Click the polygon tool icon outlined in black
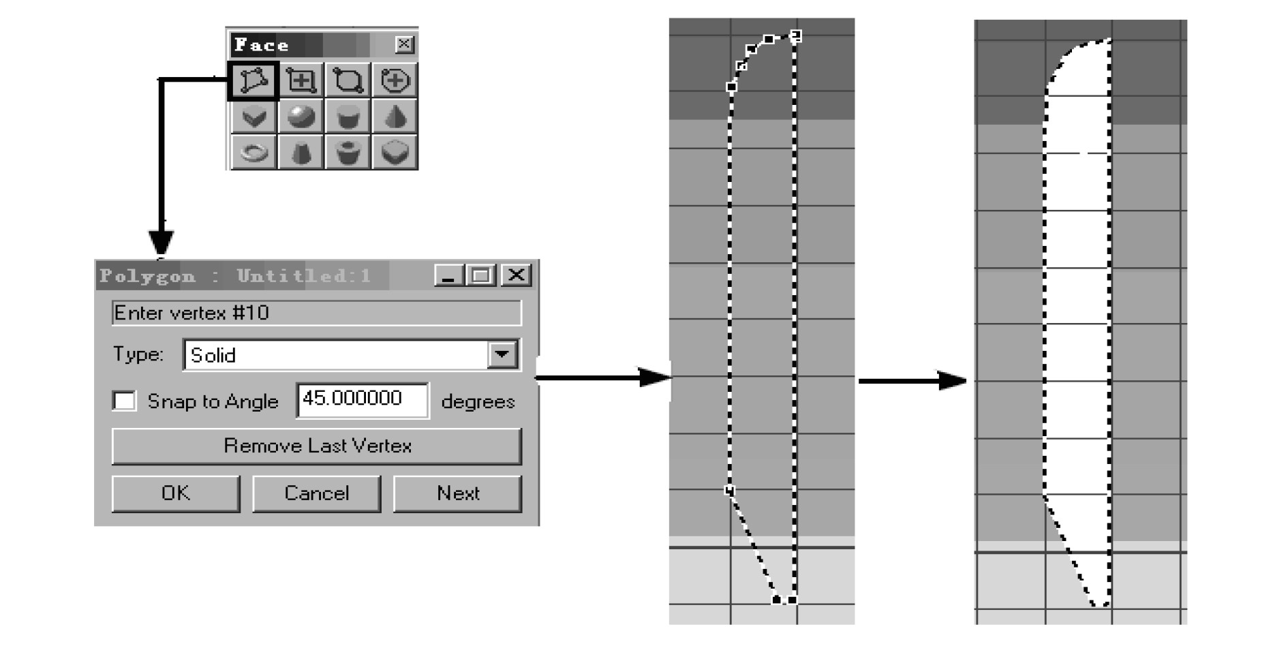click(x=253, y=80)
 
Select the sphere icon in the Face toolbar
click(x=301, y=117)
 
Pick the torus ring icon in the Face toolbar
click(x=254, y=152)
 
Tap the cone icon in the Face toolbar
click(x=395, y=117)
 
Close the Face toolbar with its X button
click(x=404, y=45)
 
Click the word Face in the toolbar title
click(x=261, y=46)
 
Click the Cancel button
click(x=316, y=493)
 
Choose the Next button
click(x=457, y=493)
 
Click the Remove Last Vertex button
click(x=317, y=446)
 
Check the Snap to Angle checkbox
click(x=124, y=401)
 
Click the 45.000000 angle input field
click(x=362, y=399)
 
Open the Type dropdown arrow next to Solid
click(x=502, y=354)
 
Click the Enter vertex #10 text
click(x=191, y=313)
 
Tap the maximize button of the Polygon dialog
click(x=482, y=275)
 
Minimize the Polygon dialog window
click(x=449, y=275)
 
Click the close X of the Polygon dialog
click(x=517, y=275)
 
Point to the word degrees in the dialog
click(x=477, y=402)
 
